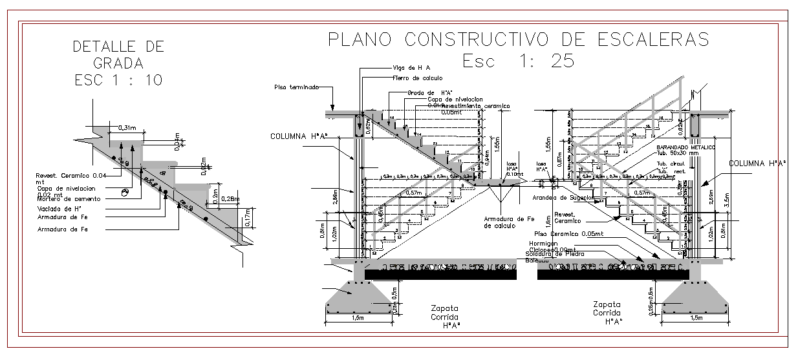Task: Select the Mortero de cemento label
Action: click(x=64, y=200)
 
